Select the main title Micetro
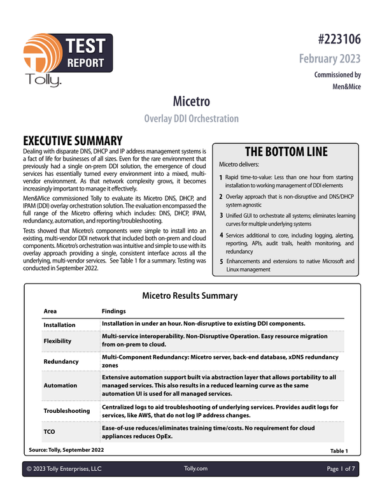pos(192,101)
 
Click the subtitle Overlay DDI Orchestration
pos(192,118)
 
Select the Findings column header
pos(113,312)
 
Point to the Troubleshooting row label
pos(66,411)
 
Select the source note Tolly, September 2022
pos(67,450)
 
